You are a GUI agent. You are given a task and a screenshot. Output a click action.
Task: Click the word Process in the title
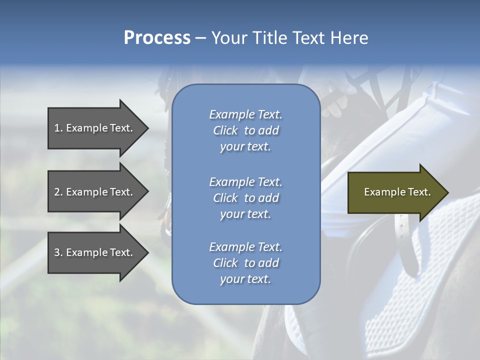pos(157,38)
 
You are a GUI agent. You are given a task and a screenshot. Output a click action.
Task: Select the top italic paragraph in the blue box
pos(245,130)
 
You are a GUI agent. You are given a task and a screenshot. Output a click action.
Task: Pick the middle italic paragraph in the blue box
pos(245,197)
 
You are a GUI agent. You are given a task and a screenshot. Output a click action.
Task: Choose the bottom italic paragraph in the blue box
pos(245,263)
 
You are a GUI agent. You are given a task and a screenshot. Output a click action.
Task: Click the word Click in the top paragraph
pos(225,130)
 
